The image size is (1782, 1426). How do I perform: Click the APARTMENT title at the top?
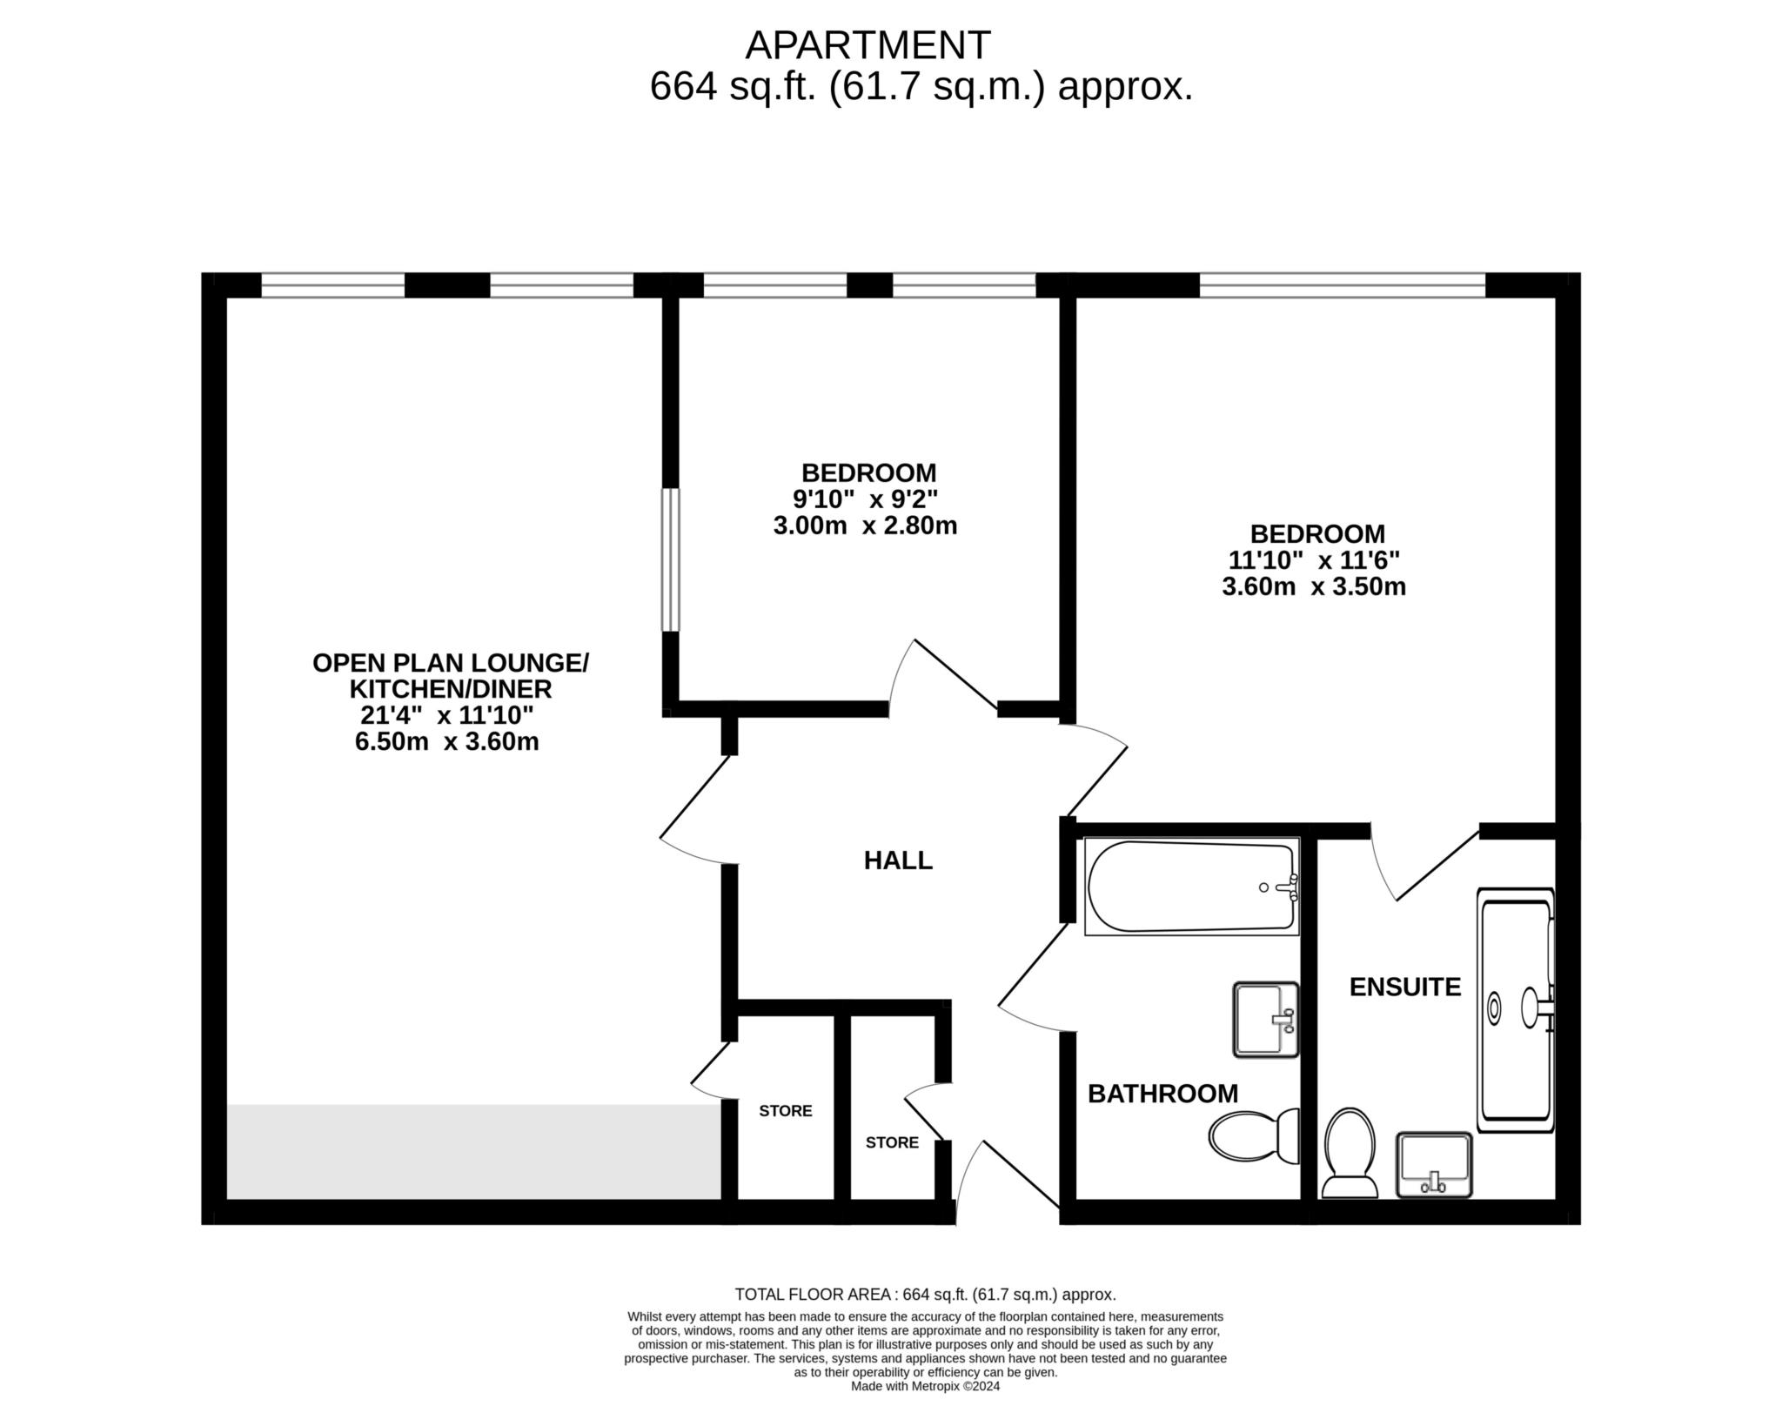tap(868, 45)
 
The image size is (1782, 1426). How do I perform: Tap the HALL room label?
tap(898, 860)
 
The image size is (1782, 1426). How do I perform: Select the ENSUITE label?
tap(1405, 987)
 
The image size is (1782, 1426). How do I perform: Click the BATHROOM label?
tap(1162, 1094)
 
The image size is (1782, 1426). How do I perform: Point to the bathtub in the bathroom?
tap(1192, 887)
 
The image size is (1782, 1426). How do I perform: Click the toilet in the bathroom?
tap(1254, 1136)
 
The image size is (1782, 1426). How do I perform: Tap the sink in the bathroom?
tap(1266, 1020)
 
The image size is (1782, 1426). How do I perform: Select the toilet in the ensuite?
tap(1349, 1153)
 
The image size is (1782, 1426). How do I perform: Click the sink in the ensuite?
tap(1434, 1165)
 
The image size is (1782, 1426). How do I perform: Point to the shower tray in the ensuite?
tap(1517, 1009)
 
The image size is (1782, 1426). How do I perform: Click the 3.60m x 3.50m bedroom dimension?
tap(1314, 586)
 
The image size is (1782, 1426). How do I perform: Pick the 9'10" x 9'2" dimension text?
tap(866, 499)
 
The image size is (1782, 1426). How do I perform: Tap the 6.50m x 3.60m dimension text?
tap(447, 742)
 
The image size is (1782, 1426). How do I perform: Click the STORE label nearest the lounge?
tap(786, 1111)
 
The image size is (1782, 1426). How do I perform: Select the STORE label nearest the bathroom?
tap(892, 1142)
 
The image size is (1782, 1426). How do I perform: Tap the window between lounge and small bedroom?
tap(670, 559)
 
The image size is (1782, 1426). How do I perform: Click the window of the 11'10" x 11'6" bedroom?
tap(1343, 285)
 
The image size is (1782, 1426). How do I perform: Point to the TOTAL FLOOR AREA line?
tap(925, 1295)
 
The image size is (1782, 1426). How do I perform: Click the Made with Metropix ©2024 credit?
tap(926, 1387)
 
